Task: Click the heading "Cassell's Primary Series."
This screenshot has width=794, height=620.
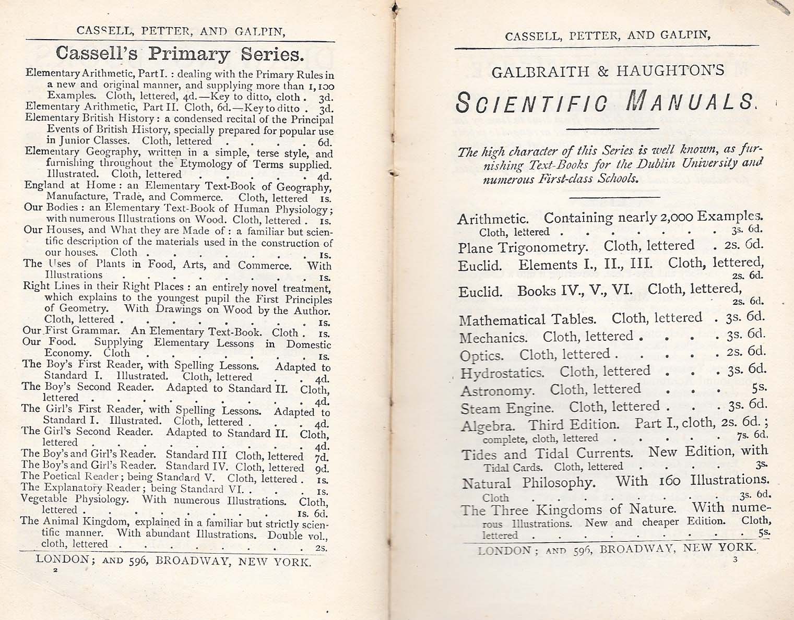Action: (x=180, y=54)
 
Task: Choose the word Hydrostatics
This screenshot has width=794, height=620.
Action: (x=502, y=373)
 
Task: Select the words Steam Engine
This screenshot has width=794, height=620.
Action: (x=506, y=408)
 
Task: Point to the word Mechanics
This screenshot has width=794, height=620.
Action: (x=493, y=338)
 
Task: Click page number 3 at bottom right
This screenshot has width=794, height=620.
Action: (x=734, y=561)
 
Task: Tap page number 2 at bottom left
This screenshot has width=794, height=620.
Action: (x=55, y=570)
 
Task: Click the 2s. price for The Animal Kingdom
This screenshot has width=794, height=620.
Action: (x=321, y=547)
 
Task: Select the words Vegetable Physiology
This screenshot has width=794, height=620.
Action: (x=74, y=499)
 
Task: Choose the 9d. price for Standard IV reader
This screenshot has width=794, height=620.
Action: (x=322, y=468)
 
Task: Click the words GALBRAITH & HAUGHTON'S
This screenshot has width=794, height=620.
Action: (x=608, y=71)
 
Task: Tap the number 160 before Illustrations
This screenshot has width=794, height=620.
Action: (x=669, y=481)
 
